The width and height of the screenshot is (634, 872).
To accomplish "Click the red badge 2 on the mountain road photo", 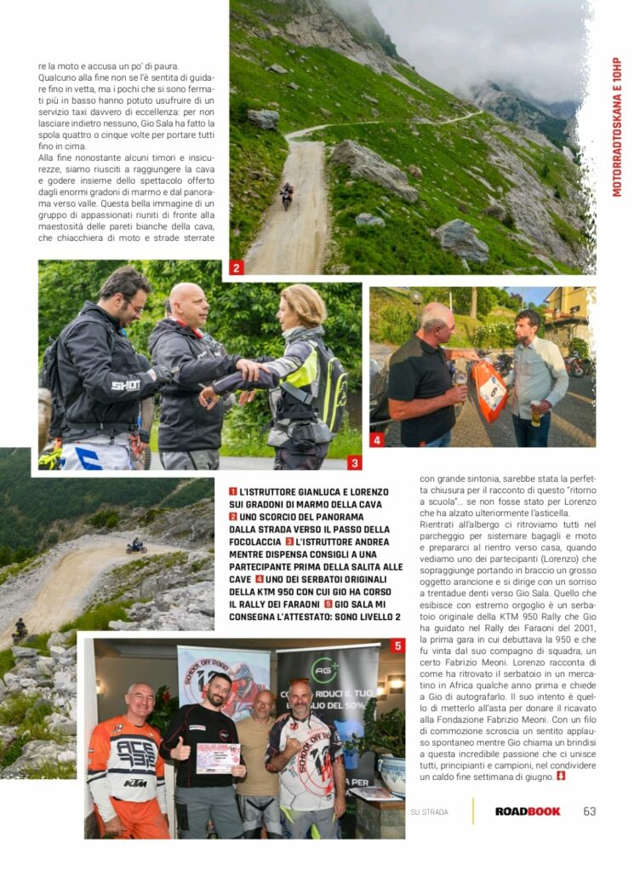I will point(237,267).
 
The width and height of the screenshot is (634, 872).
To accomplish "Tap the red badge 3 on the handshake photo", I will point(355,463).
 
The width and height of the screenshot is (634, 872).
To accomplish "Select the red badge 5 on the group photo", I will point(397,645).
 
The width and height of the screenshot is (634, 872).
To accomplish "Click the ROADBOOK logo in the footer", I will point(528,812).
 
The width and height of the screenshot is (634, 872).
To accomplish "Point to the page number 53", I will point(590,812).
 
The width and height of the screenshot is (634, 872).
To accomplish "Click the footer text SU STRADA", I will point(429,812).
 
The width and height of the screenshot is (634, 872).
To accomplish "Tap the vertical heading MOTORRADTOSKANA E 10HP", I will point(617,128).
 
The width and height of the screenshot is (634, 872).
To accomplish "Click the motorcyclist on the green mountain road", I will point(287,194).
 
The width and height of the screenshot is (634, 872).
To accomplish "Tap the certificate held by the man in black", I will point(218,757).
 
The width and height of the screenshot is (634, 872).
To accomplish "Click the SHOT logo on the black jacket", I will point(125,385).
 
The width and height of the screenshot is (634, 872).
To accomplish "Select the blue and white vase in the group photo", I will point(391,772).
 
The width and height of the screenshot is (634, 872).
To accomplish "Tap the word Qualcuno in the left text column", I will point(57,77).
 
